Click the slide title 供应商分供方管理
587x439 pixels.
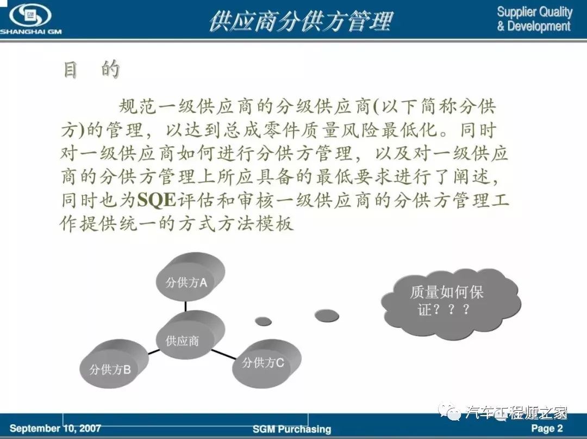pos(301,21)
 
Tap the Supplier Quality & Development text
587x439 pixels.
pos(534,18)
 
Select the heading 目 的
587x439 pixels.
pos(91,69)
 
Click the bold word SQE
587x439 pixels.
pos(157,200)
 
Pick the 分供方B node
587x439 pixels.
pos(114,364)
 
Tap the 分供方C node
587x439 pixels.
pos(266,364)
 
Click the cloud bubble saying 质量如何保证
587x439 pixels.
pos(451,302)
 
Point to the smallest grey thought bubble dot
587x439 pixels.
pos(263,321)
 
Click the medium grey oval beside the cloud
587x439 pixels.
pos(327,316)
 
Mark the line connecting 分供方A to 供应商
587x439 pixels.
pos(185,306)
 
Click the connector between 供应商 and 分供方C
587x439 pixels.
pos(224,354)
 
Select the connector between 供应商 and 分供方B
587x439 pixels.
pos(153,351)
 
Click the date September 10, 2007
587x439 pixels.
pos(55,428)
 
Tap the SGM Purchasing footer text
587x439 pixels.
pos(292,429)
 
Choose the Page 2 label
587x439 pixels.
pos(547,428)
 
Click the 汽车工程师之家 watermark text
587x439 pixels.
pos(516,413)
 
